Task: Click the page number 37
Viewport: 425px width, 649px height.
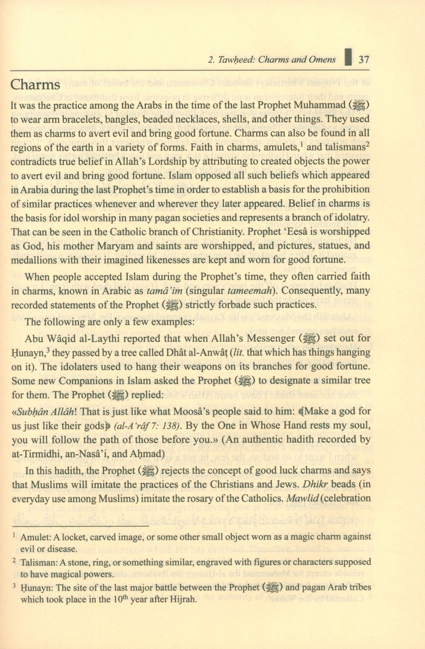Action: [362, 60]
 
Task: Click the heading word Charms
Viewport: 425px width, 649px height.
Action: [35, 85]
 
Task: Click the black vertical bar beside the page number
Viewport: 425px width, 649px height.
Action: [348, 58]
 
